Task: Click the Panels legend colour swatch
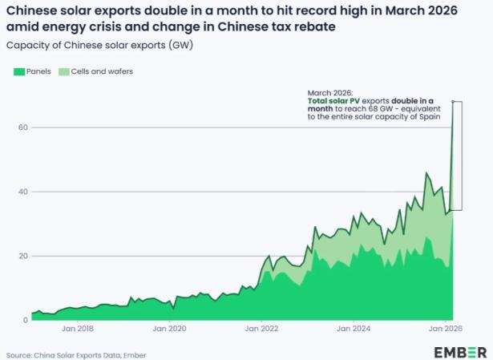pyautogui.click(x=19, y=71)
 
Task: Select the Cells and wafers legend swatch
pyautogui.click(x=64, y=71)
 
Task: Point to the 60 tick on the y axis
pyautogui.click(x=25, y=127)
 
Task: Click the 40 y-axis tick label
pyautogui.click(x=25, y=192)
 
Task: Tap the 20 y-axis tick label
pyautogui.click(x=25, y=256)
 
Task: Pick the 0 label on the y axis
pyautogui.click(x=26, y=321)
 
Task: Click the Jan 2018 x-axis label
pyautogui.click(x=78, y=329)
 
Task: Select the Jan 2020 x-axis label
pyautogui.click(x=169, y=329)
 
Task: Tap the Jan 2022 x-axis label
pyautogui.click(x=261, y=329)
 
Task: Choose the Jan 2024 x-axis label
pyautogui.click(x=354, y=329)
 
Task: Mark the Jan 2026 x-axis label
pyautogui.click(x=446, y=329)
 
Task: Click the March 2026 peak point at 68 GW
pyautogui.click(x=453, y=101)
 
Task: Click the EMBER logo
pyautogui.click(x=460, y=353)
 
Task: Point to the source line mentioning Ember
pyautogui.click(x=76, y=356)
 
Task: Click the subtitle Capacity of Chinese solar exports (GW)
pyautogui.click(x=99, y=45)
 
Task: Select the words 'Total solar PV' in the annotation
pyautogui.click(x=333, y=101)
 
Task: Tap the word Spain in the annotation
pyautogui.click(x=430, y=116)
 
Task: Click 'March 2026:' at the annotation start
pyautogui.click(x=330, y=93)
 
